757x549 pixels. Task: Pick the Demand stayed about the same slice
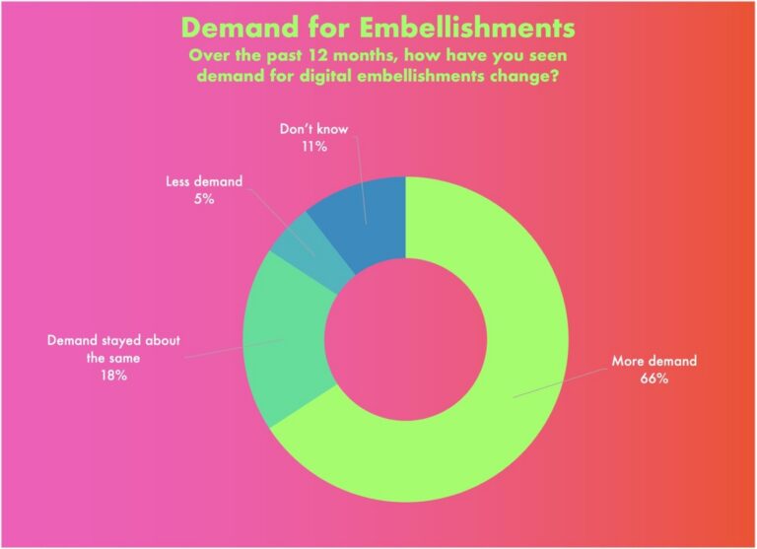(285, 338)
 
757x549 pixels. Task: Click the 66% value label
(654, 378)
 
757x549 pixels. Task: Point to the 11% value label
(314, 146)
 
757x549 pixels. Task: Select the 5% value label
(204, 199)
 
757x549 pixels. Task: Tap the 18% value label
(114, 376)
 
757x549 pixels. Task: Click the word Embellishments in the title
(468, 28)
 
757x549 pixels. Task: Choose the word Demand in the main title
(241, 28)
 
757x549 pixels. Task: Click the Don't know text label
(313, 129)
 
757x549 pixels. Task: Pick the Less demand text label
(204, 181)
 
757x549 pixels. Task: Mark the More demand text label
(654, 361)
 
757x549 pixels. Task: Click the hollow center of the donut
(405, 339)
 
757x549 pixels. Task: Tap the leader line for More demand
(560, 383)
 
